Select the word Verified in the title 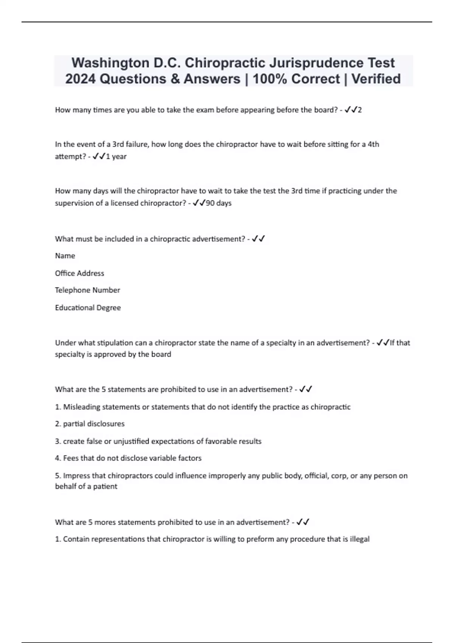click(x=376, y=79)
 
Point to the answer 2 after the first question click(x=360, y=110)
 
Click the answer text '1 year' click(x=116, y=157)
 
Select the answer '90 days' click(x=219, y=203)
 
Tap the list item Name click(x=65, y=256)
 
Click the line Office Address click(x=79, y=273)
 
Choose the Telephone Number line click(x=87, y=290)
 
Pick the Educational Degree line click(x=88, y=308)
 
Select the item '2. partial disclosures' click(x=90, y=424)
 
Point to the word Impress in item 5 click(x=77, y=475)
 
